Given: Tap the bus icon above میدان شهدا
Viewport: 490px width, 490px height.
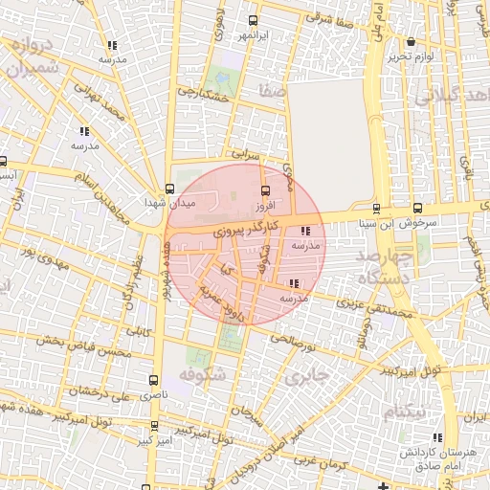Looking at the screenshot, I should pos(169,188).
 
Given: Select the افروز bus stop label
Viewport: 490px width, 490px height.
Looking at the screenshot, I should pos(264,206).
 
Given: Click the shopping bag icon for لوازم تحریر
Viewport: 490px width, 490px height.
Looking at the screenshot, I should pos(411,42).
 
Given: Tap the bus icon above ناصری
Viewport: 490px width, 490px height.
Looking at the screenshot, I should pos(155,380).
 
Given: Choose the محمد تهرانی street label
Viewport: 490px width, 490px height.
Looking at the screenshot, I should pos(101,108).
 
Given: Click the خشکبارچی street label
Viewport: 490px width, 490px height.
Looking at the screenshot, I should pos(202,97).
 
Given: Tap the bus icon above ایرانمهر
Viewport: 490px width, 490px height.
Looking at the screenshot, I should pos(253,21).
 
